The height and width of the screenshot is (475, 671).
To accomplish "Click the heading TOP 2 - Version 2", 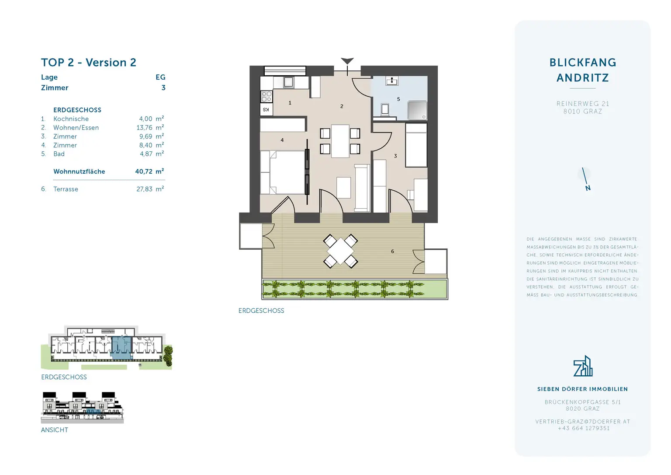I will click(88, 63).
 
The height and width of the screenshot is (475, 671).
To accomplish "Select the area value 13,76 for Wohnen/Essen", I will click(144, 128).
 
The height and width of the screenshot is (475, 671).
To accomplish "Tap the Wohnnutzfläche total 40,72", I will click(144, 171).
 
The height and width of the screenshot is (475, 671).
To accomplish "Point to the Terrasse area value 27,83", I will click(144, 189).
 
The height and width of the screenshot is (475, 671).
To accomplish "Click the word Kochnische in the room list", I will click(71, 119).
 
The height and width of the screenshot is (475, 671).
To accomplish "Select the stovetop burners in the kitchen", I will click(266, 96).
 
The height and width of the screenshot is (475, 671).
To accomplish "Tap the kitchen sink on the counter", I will click(288, 82).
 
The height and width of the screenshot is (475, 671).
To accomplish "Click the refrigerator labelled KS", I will click(266, 109).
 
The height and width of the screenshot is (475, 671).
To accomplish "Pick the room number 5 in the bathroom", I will click(398, 99).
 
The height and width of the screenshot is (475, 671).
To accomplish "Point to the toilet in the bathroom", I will click(385, 109).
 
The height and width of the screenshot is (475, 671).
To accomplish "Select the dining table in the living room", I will click(340, 141).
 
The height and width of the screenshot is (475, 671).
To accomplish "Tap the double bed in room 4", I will click(286, 172).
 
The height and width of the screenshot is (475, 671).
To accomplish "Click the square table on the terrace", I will click(340, 251).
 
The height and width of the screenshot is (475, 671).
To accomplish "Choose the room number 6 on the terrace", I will click(392, 251).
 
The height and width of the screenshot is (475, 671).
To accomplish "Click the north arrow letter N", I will click(588, 188).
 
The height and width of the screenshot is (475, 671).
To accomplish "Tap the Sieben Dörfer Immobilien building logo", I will click(583, 366).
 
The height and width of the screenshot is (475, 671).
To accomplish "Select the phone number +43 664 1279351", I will click(583, 428).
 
